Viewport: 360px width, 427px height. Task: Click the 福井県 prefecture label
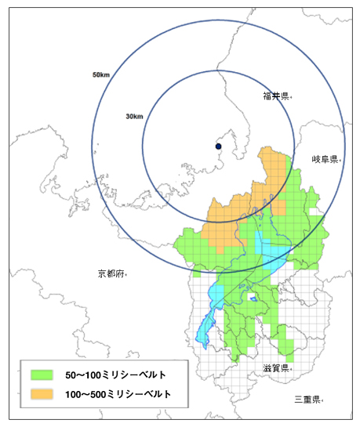277,96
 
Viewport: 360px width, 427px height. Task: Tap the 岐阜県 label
325,159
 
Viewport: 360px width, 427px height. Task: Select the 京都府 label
111,273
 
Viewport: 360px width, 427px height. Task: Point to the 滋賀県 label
275,367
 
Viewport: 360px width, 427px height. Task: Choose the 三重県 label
307,399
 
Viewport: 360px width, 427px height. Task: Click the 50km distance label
100,75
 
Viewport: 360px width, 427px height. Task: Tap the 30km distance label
133,117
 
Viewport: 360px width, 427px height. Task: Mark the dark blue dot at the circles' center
219,147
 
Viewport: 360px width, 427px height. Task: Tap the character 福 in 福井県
267,96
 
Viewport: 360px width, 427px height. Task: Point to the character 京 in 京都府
102,273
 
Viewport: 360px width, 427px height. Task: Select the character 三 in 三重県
298,399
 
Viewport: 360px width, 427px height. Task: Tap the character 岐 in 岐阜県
315,159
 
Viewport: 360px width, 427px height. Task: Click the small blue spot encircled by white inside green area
253,298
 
